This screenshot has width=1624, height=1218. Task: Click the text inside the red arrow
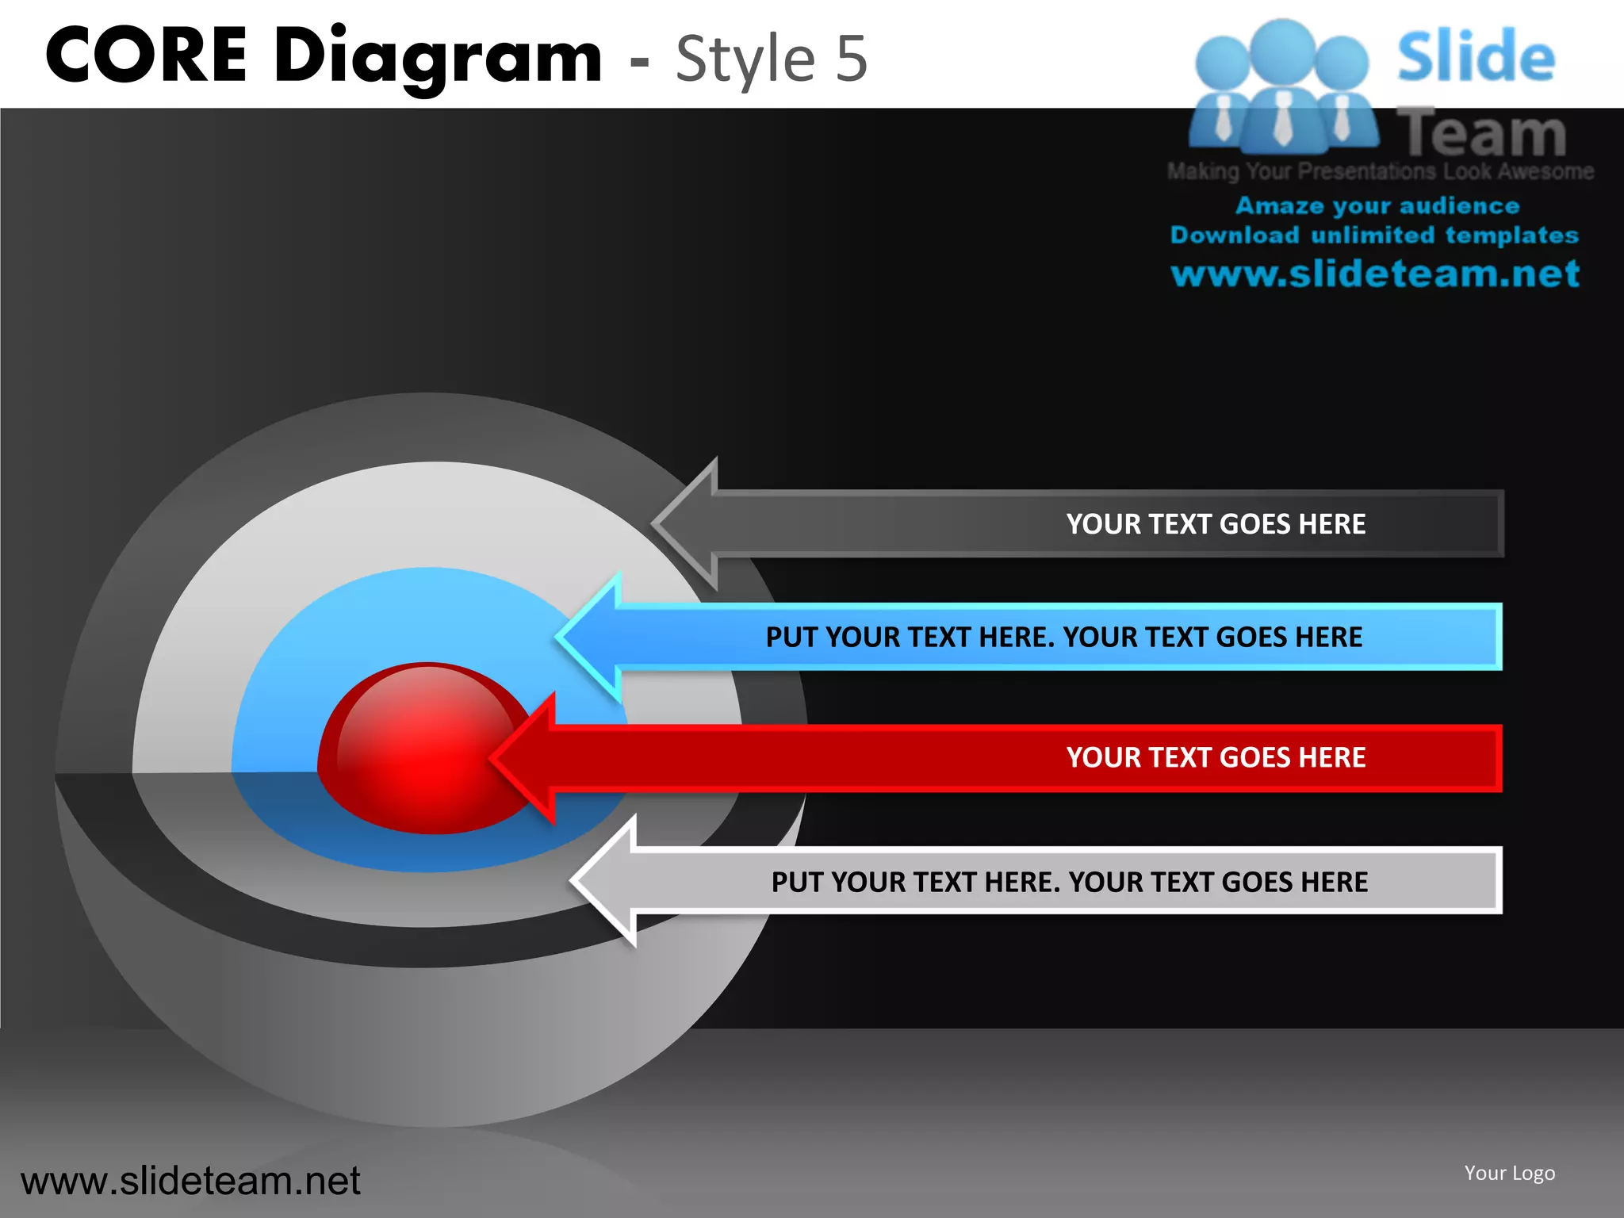point(1216,757)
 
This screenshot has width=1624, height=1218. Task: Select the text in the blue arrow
point(1063,637)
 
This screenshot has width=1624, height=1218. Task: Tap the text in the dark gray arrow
point(1216,524)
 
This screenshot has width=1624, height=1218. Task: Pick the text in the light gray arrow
point(1070,882)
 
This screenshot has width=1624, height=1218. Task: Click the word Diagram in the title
point(438,57)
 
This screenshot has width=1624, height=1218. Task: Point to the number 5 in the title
point(852,58)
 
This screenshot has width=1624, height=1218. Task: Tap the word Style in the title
point(745,58)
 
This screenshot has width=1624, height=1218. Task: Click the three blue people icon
point(1282,87)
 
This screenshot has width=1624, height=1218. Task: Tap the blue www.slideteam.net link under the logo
point(1375,274)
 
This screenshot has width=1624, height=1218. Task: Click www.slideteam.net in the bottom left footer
point(190,1181)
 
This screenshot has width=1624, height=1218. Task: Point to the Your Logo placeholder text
point(1509,1173)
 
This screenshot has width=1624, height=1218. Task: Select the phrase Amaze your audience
point(1377,206)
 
